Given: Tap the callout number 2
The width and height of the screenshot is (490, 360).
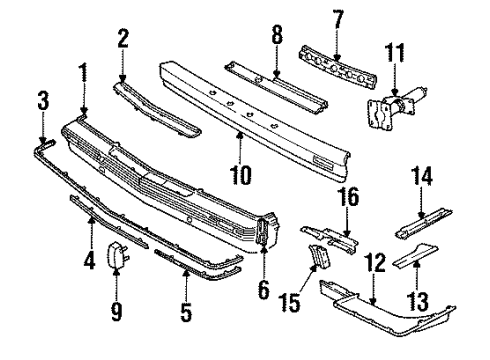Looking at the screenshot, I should (x=122, y=39).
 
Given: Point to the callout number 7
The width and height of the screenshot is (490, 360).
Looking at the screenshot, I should (x=338, y=17).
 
